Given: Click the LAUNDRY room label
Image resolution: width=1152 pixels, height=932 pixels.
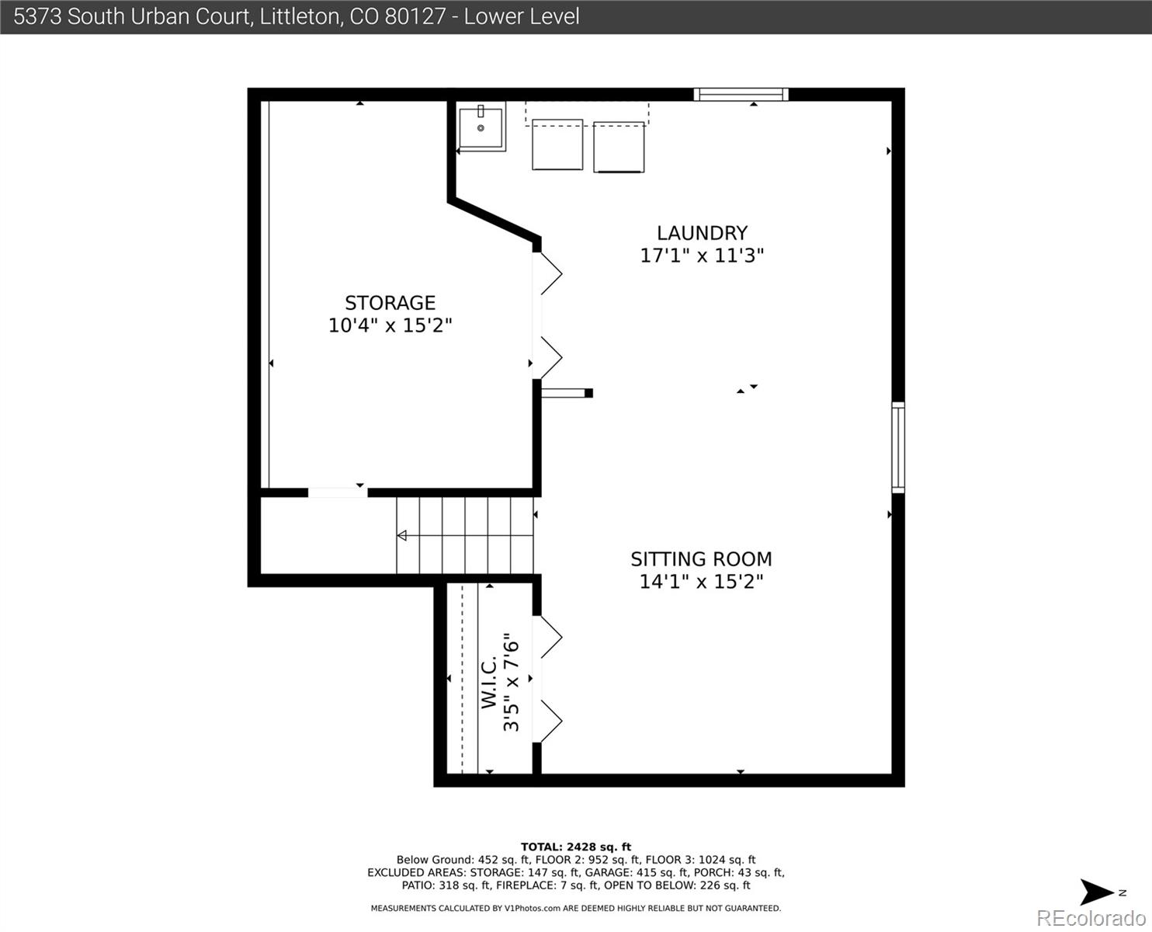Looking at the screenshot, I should tap(702, 233).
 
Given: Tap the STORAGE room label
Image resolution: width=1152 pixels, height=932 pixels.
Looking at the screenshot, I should tap(390, 303).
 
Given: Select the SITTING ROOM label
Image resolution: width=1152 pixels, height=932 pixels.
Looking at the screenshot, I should tap(701, 559).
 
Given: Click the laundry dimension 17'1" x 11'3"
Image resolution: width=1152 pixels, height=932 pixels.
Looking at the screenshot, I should tap(702, 256).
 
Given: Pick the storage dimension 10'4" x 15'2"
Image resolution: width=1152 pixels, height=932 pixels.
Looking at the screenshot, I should tap(390, 325).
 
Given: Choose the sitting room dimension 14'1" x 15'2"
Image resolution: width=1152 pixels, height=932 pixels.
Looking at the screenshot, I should tap(701, 582).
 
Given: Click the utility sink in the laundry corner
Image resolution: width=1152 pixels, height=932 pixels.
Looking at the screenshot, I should tap(481, 127).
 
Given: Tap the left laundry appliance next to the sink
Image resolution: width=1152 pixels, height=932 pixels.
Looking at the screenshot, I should tap(557, 144).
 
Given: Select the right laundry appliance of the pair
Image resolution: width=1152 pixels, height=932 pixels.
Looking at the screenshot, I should tap(619, 147).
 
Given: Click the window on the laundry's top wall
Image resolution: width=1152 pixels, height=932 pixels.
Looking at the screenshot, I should tap(741, 95).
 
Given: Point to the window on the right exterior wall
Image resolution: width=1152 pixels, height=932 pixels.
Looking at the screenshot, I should tap(897, 447).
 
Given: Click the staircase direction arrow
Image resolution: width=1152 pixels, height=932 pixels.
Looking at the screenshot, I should tap(402, 536).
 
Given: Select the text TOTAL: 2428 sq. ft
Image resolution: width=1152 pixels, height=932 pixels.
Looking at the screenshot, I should tap(575, 847).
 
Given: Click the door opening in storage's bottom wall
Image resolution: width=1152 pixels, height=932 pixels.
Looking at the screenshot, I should tap(338, 492).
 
